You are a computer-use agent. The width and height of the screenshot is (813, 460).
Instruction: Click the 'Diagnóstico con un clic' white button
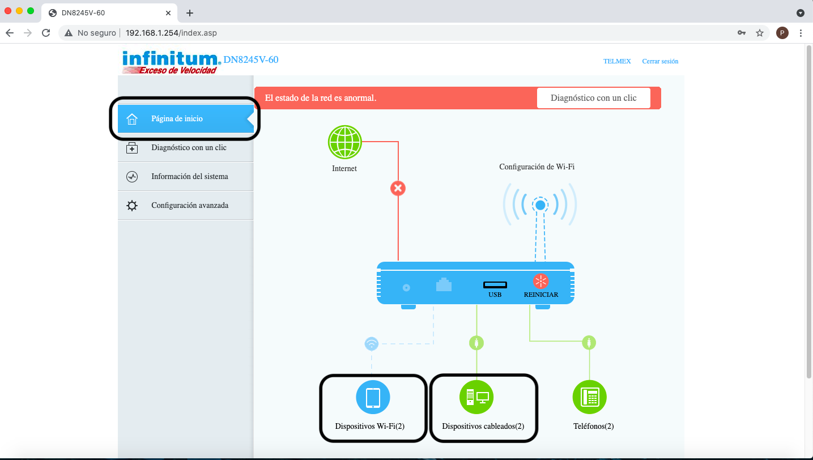(593, 98)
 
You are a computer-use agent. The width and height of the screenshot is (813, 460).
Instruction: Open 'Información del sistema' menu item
(189, 177)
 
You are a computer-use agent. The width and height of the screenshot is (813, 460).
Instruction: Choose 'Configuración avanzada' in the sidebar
(189, 206)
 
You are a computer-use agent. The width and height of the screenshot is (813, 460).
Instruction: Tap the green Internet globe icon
(344, 142)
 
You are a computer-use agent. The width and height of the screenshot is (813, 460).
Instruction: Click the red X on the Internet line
(398, 188)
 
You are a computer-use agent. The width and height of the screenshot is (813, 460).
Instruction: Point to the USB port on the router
(495, 285)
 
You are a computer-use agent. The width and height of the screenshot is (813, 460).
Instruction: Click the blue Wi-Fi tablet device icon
(373, 397)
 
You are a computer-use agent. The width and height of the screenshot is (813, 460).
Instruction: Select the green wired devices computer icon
(476, 397)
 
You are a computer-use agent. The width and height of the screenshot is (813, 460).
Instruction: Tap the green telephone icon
(589, 397)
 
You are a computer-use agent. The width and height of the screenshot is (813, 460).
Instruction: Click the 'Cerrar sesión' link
(660, 61)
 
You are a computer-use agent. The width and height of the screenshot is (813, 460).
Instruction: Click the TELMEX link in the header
(617, 61)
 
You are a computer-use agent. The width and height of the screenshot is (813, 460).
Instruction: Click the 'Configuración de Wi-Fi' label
(537, 167)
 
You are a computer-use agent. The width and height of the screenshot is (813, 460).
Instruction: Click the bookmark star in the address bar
(760, 33)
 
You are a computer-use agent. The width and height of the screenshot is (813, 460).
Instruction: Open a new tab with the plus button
(190, 13)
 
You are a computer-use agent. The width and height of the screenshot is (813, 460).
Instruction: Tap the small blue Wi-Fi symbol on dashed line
(371, 343)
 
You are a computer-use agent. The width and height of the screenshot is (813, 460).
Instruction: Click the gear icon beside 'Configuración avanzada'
(132, 206)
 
